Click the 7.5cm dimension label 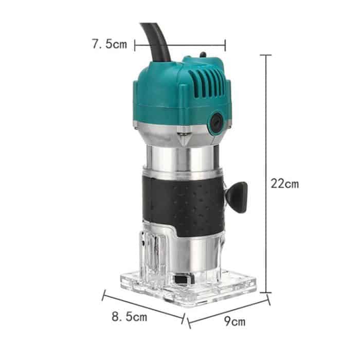pyautogui.click(x=109, y=44)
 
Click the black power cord pyautogui.click(x=157, y=41)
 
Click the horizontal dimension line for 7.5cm pyautogui.click(x=180, y=45)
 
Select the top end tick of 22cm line pyautogui.click(x=266, y=55)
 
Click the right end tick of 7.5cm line pyautogui.click(x=225, y=45)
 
